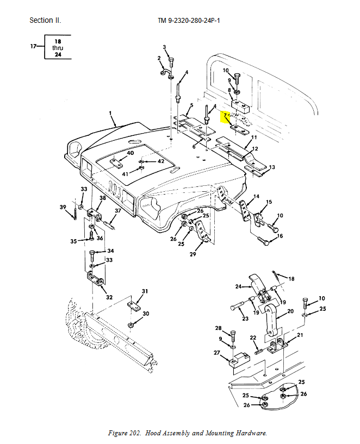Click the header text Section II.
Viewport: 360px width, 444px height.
pyautogui.click(x=45, y=21)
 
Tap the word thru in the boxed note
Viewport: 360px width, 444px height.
pyautogui.click(x=58, y=48)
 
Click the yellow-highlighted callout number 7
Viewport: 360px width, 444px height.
pyautogui.click(x=224, y=116)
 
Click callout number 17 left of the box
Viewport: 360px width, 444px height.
pyautogui.click(x=34, y=47)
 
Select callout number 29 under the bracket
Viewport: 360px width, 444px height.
pyautogui.click(x=193, y=254)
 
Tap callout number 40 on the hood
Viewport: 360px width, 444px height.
pyautogui.click(x=130, y=153)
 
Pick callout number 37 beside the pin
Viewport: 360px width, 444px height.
pyautogui.click(x=117, y=211)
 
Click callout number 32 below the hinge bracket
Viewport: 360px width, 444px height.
pyautogui.click(x=109, y=297)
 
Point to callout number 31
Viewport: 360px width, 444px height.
pyautogui.click(x=145, y=291)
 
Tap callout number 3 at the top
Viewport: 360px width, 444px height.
pyautogui.click(x=164, y=47)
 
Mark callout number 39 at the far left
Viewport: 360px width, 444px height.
pyautogui.click(x=63, y=207)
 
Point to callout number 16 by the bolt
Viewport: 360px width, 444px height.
pyautogui.click(x=280, y=236)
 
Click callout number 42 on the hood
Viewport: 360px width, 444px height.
pyautogui.click(x=161, y=161)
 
